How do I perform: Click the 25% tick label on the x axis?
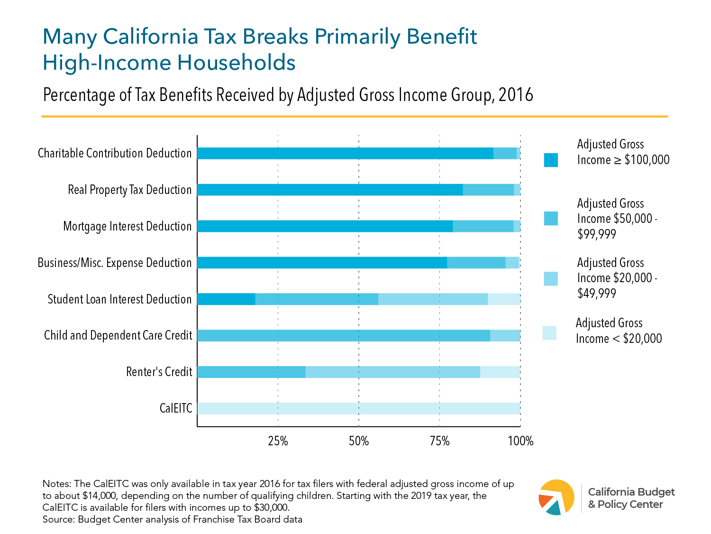(278, 441)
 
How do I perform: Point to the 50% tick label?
(358, 441)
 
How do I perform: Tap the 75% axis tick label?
(439, 441)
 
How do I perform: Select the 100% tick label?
(520, 441)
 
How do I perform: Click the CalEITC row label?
(176, 408)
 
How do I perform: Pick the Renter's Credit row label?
(159, 372)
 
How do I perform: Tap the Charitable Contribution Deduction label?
(115, 153)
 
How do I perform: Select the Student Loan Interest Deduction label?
(119, 299)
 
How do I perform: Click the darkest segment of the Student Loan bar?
(226, 299)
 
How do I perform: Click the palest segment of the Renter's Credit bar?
(500, 372)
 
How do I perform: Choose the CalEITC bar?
(358, 408)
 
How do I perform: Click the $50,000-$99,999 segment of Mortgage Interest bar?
(483, 226)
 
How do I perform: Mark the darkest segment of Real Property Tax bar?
(330, 190)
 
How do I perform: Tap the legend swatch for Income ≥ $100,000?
(551, 160)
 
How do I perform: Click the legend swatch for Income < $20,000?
(549, 333)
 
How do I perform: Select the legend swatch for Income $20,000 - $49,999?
(551, 278)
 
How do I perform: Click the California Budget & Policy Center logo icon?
(556, 497)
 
